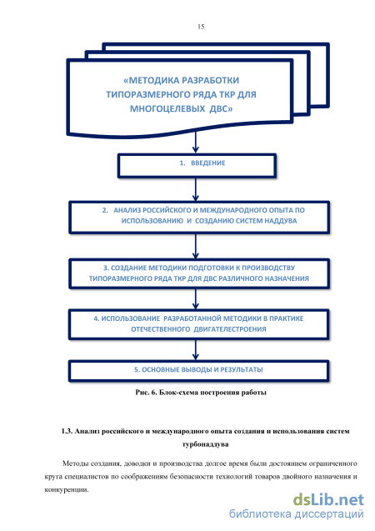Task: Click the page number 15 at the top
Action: tap(201, 27)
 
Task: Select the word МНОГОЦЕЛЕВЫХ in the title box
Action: tap(167, 108)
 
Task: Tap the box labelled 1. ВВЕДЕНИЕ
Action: tap(197, 166)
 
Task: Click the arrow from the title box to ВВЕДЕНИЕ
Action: tap(195, 143)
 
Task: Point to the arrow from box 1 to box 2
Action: tap(195, 190)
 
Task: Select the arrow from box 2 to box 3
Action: tap(195, 246)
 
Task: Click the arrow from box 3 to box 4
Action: tap(195, 299)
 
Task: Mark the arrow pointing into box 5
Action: tap(195, 350)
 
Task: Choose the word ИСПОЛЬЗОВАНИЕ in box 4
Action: tap(130, 318)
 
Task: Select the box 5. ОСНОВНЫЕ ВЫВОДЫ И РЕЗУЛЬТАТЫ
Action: tap(198, 371)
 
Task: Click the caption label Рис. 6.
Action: tap(146, 393)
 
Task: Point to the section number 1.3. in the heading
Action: tap(67, 431)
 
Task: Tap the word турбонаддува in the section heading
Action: tap(206, 444)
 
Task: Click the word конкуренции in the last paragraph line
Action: tap(67, 489)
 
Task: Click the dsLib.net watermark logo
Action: tap(328, 499)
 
